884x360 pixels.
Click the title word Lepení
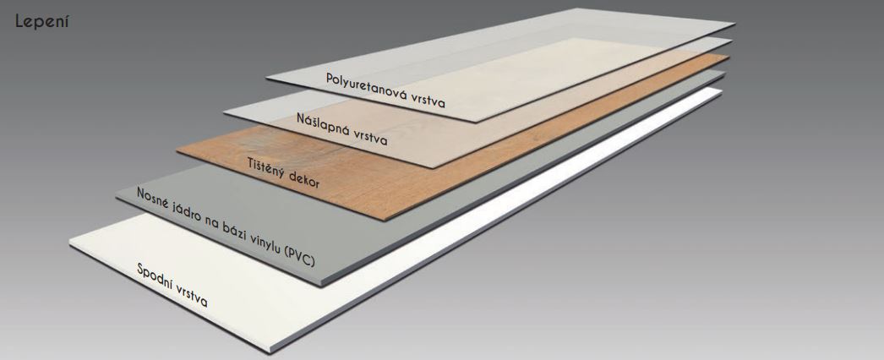[41, 23]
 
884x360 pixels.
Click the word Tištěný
[265, 168]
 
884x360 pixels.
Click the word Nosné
[153, 198]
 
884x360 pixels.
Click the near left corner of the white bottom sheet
[70, 243]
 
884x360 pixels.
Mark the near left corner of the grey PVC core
[116, 197]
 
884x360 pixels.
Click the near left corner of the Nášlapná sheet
[224, 113]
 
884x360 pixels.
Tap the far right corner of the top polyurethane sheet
[734, 24]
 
